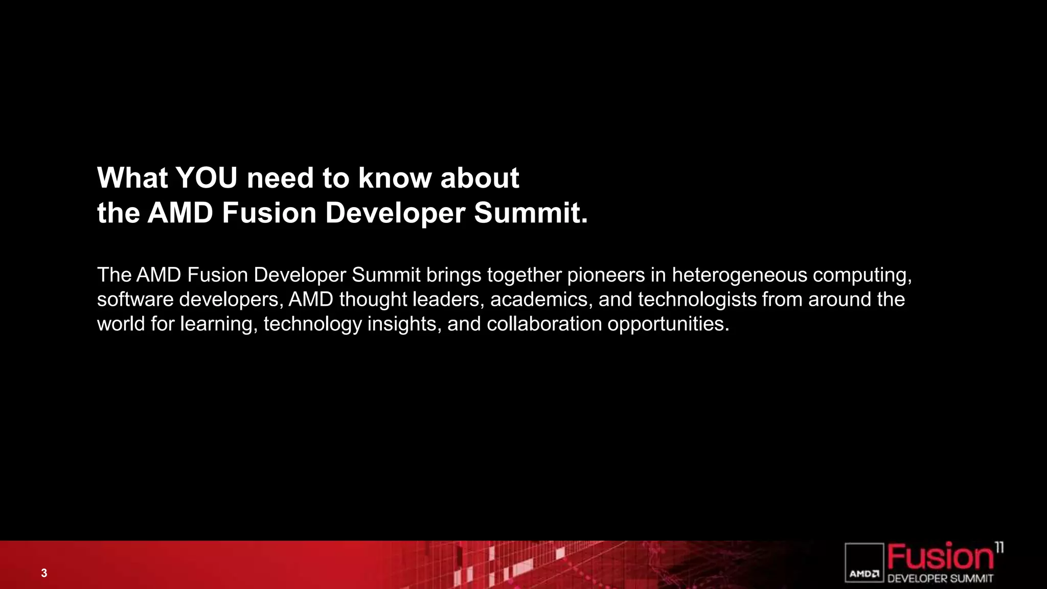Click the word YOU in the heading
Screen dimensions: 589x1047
207,178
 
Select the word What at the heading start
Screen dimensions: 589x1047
132,178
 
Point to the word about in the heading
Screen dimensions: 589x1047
480,178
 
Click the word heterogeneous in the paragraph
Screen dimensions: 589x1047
739,275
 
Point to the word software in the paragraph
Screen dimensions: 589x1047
135,300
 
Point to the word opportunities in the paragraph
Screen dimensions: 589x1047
667,324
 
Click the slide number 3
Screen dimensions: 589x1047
44,573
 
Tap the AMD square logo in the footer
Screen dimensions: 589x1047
864,563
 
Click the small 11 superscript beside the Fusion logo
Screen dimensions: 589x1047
999,548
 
